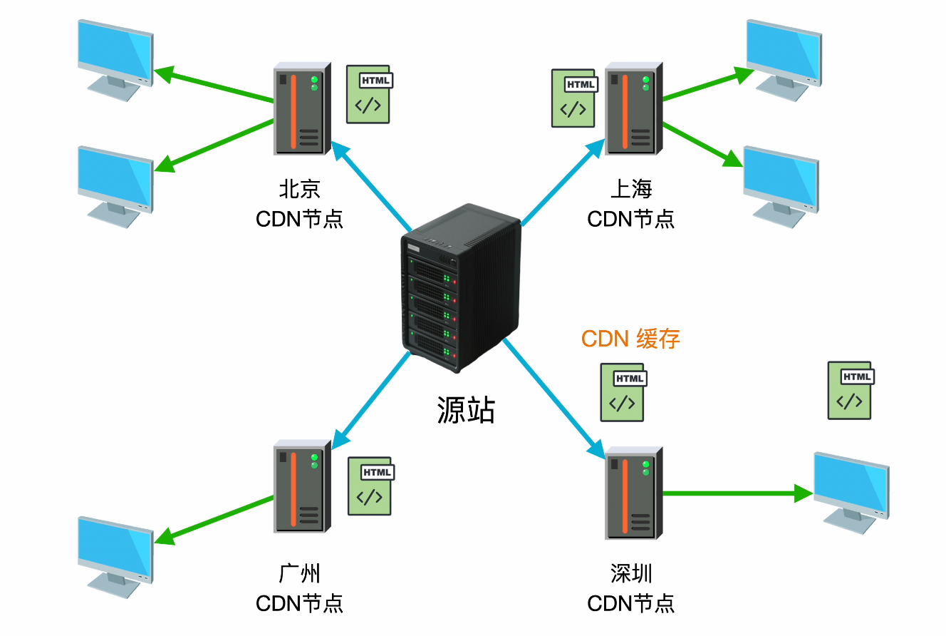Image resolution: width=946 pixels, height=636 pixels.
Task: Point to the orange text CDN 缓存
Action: (630, 338)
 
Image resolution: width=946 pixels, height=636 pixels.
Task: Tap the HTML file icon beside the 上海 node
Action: (573, 98)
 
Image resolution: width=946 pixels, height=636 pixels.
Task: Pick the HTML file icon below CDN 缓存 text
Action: (623, 392)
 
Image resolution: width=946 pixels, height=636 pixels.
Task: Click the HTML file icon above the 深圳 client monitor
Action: (850, 390)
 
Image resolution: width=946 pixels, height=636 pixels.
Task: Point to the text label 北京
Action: (299, 189)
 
